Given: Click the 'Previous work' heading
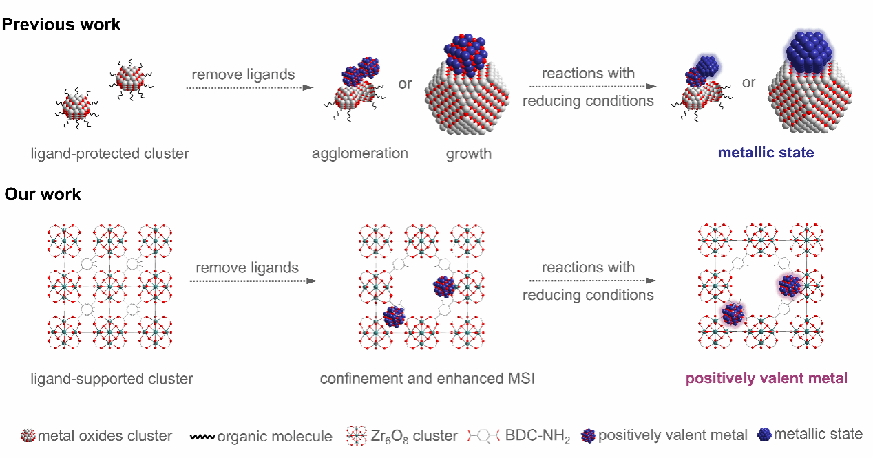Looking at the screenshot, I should (61, 25).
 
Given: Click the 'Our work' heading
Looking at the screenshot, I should (43, 195).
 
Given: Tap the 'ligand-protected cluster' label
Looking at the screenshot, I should (109, 153).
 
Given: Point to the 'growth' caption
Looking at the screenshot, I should (468, 153).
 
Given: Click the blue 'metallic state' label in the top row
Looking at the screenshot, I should (766, 153).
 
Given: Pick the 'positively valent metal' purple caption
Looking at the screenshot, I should (766, 378).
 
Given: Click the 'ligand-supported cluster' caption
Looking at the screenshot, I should (112, 378).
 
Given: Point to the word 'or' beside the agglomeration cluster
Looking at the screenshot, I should (405, 83).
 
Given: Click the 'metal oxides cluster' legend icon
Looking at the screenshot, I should (28, 435).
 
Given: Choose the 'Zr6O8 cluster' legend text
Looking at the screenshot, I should (423, 435).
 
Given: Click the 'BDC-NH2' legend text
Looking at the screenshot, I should (537, 436).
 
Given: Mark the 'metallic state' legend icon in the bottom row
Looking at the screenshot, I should (764, 435).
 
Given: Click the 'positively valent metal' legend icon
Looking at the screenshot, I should (588, 435).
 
